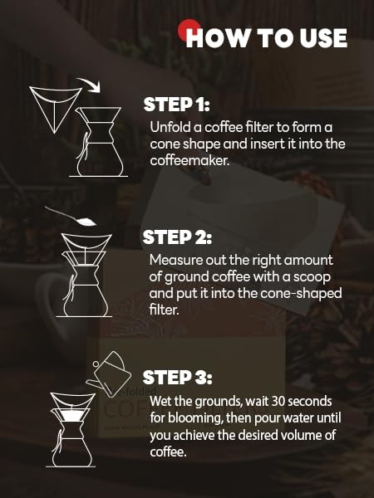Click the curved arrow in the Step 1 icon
[x=86, y=82]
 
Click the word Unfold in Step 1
[x=169, y=127]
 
